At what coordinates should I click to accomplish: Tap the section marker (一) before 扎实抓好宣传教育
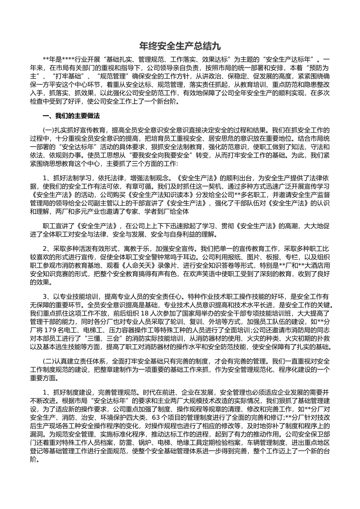[x=49, y=130]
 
